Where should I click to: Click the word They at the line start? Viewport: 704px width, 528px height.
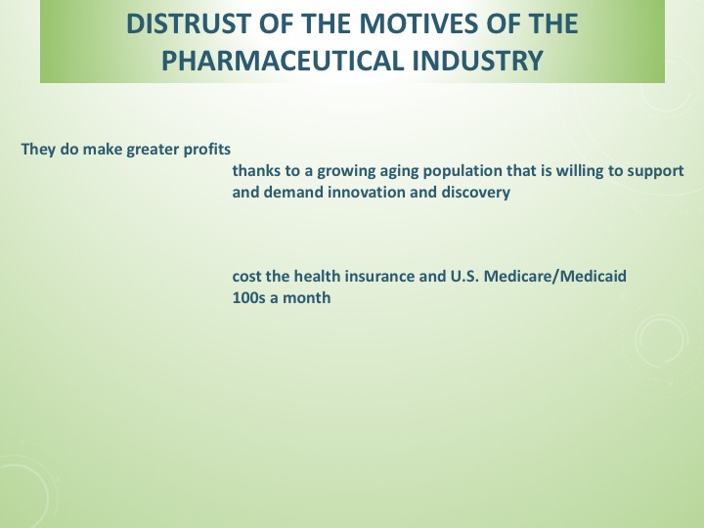(x=36, y=151)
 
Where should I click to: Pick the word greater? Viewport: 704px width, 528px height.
(x=154, y=151)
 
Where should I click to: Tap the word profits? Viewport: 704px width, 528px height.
(x=207, y=151)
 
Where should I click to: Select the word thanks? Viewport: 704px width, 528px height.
(x=253, y=170)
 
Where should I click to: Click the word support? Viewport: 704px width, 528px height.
(x=655, y=170)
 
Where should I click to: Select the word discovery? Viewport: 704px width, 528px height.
(x=476, y=192)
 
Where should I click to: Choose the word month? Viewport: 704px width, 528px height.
(x=308, y=297)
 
